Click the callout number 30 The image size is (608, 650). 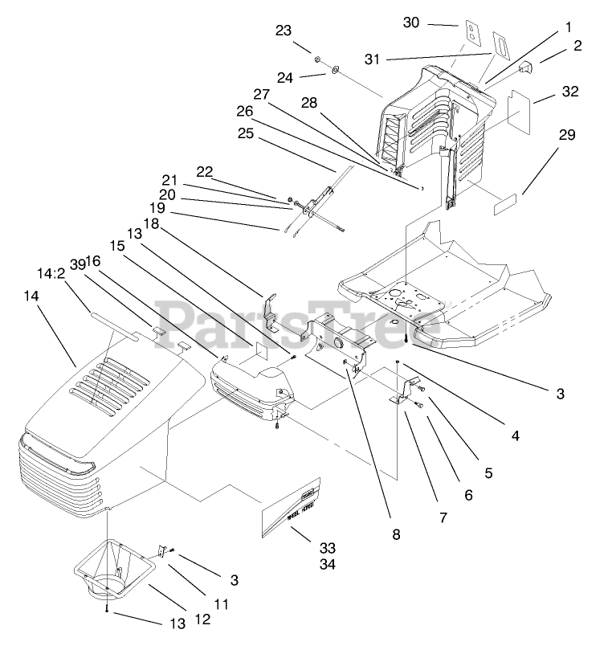click(x=411, y=22)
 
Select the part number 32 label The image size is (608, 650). click(x=570, y=92)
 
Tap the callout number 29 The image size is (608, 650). click(x=567, y=135)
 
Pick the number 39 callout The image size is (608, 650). click(x=78, y=263)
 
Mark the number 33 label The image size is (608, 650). click(x=326, y=547)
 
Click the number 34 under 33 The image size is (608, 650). click(x=326, y=564)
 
